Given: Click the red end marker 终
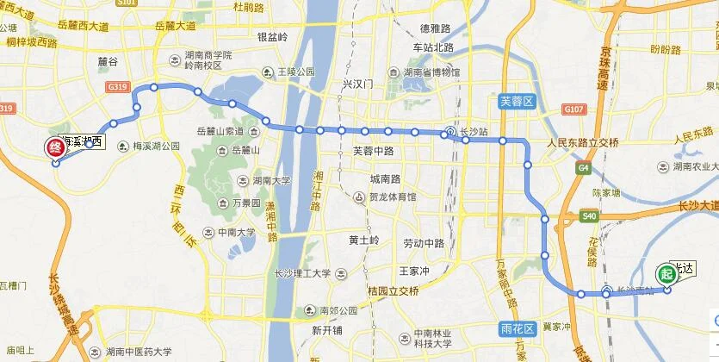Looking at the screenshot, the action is tap(55, 147).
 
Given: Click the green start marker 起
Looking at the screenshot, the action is tap(666, 272).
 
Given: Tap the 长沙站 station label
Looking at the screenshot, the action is tap(474, 133).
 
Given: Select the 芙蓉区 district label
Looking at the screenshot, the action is tap(518, 102).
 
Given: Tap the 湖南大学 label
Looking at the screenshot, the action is tap(271, 182).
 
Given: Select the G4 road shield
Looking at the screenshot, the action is tap(585, 166).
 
